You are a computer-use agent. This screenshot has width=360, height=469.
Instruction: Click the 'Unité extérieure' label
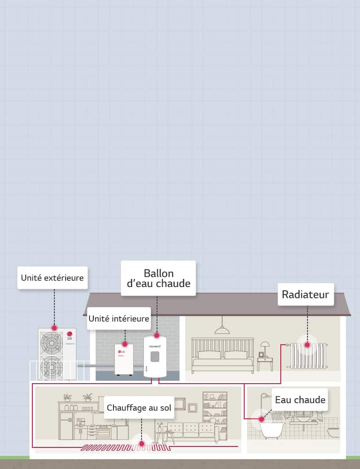click(52, 278)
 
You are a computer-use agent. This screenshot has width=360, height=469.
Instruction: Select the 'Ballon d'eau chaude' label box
click(158, 278)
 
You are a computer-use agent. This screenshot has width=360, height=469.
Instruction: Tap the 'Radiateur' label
click(305, 295)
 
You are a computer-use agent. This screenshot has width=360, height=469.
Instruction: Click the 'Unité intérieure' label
click(119, 319)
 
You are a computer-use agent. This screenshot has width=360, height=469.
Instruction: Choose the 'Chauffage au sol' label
click(139, 408)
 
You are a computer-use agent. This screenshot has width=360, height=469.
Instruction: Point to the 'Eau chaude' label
click(300, 400)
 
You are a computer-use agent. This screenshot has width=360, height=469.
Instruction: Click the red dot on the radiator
click(307, 345)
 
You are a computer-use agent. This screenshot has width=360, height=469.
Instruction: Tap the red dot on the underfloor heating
click(142, 442)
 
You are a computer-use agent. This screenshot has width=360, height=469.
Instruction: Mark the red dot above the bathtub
click(262, 419)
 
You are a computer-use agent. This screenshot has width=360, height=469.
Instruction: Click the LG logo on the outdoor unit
click(70, 335)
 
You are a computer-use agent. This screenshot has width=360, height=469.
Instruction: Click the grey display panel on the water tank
click(155, 357)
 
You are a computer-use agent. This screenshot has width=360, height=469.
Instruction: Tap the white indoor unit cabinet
click(123, 359)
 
